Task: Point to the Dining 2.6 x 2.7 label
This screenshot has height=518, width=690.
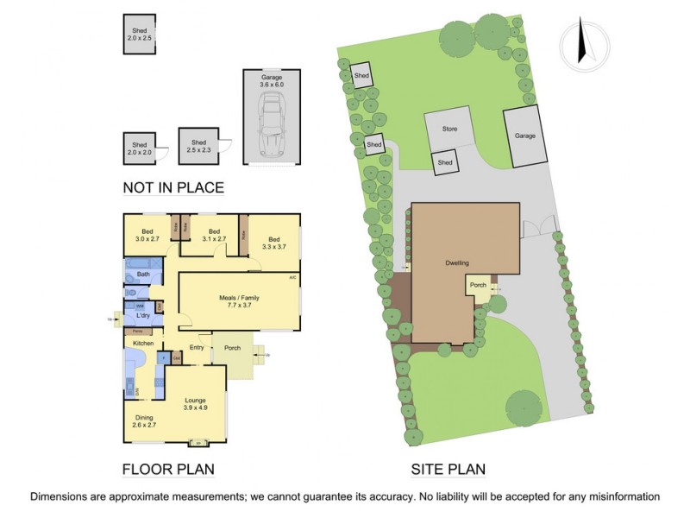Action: [144, 421]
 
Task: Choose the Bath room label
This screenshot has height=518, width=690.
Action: [143, 275]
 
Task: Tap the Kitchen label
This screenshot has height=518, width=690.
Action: [142, 344]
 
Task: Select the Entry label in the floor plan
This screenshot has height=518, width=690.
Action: [197, 348]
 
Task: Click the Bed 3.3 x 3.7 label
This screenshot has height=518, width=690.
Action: [273, 243]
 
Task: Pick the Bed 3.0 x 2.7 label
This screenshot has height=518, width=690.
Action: [147, 234]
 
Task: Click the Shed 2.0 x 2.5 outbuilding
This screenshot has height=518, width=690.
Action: [139, 34]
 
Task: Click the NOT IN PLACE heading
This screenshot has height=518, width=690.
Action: [173, 187]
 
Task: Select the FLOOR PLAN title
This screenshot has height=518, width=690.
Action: [168, 470]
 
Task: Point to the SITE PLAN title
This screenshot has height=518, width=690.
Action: [448, 470]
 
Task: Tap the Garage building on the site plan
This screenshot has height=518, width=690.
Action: [525, 136]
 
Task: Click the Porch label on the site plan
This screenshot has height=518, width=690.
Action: [478, 285]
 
